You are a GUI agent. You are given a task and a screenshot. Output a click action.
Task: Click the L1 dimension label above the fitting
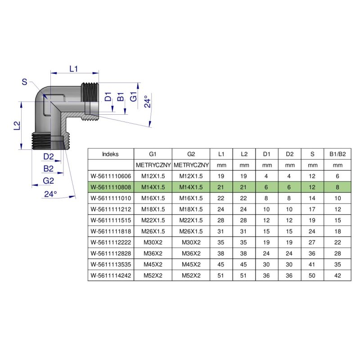pyautogui.click(x=74, y=68)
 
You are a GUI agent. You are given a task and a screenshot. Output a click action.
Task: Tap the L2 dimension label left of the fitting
pyautogui.click(x=17, y=126)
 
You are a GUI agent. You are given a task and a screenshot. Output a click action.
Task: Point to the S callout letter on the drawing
pyautogui.click(x=24, y=81)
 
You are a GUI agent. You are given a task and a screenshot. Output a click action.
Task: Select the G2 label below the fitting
pyautogui.click(x=49, y=180)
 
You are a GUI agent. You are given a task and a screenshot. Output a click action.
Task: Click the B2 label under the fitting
pyautogui.click(x=49, y=168)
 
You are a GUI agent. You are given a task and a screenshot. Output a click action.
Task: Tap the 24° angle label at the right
pyautogui.click(x=147, y=102)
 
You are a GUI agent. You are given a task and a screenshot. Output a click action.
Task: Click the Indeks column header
pyautogui.click(x=111, y=154)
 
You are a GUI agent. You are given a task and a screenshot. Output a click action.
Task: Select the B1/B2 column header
pyautogui.click(x=337, y=154)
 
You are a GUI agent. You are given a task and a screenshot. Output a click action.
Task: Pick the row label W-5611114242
pyautogui.click(x=111, y=275)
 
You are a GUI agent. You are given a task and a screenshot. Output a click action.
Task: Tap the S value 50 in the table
pyautogui.click(x=312, y=275)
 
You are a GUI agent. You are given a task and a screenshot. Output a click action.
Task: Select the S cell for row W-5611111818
pyautogui.click(x=312, y=231)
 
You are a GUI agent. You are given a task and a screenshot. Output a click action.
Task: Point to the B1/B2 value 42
pyautogui.click(x=337, y=275)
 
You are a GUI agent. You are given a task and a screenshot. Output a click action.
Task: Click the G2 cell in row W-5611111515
pyautogui.click(x=191, y=220)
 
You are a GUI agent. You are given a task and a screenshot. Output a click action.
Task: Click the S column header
pyautogui.click(x=312, y=154)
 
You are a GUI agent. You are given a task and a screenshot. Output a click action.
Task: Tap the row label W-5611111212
pyautogui.click(x=111, y=209)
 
